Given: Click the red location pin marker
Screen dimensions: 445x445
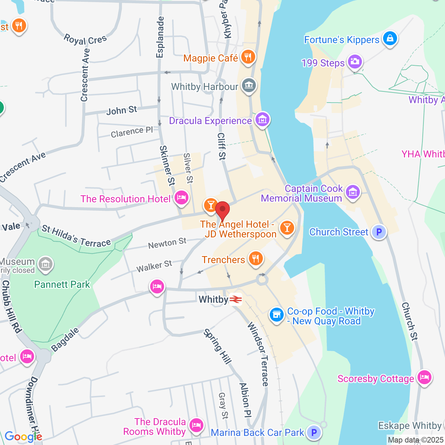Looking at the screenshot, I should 222,211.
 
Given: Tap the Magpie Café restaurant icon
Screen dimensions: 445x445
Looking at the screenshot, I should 248,57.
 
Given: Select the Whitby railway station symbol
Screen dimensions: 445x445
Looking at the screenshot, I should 236,299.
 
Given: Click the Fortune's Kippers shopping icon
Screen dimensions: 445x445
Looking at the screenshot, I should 390,39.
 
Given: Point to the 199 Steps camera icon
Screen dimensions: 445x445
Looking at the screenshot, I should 354,62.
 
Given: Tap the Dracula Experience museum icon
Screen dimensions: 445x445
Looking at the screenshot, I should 262,120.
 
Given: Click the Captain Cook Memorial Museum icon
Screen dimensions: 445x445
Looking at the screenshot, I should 353,192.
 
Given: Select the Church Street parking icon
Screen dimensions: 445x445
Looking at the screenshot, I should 379,232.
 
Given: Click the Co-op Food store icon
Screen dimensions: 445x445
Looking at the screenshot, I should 276,315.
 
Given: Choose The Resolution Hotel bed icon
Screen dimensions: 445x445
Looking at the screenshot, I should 181,198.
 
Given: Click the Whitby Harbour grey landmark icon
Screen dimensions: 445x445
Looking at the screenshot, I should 249,85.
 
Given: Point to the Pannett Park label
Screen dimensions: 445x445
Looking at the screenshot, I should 62,284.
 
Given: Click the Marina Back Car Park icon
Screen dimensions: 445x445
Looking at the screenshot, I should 314,432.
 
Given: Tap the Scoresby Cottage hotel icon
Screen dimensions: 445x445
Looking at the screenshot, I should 424,377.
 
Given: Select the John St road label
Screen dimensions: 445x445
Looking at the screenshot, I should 122,111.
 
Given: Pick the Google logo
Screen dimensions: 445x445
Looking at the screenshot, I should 23,437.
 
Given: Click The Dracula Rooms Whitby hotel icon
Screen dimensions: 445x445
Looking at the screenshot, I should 196,425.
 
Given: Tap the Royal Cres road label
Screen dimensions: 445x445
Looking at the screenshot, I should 85,39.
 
